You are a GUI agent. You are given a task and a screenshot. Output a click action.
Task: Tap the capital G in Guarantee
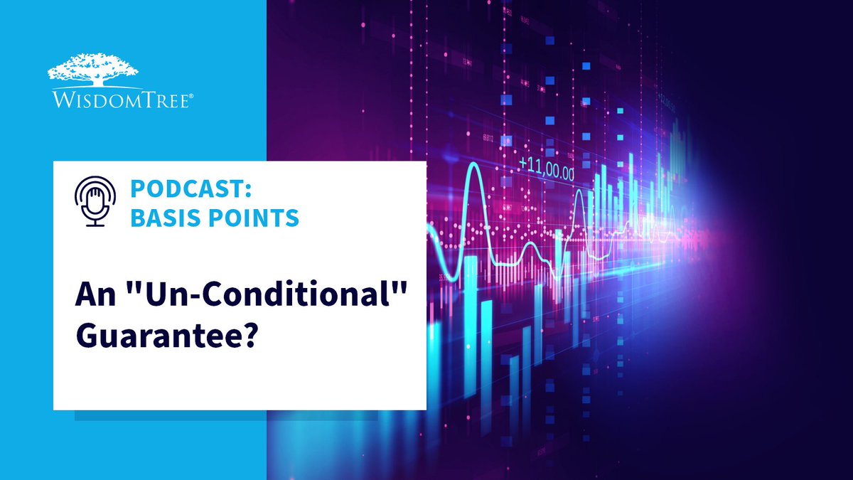[87, 334]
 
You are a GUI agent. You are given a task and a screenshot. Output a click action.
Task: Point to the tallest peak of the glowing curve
[473, 173]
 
